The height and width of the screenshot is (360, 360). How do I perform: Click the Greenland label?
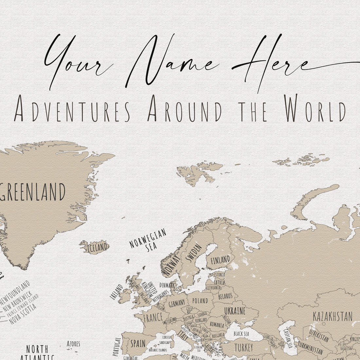(33, 192)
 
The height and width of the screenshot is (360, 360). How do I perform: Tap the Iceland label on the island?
(97, 247)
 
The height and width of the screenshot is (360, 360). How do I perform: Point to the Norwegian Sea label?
(148, 240)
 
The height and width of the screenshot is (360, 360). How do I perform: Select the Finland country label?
(220, 260)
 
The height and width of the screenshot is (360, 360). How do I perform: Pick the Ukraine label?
(235, 311)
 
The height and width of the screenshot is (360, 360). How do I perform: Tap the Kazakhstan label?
(333, 316)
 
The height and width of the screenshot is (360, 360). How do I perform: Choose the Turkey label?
(244, 348)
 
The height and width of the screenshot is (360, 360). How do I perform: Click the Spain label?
(138, 343)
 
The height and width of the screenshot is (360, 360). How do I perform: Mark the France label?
(153, 317)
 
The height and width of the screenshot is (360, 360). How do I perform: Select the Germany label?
(177, 303)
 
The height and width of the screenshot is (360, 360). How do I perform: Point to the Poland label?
(200, 300)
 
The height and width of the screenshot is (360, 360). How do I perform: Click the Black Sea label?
(241, 334)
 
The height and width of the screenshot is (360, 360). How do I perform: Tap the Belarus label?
(225, 296)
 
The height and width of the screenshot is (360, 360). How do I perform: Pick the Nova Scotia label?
(23, 314)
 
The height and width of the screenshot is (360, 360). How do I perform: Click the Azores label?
(73, 344)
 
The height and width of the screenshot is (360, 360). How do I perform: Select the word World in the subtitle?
(315, 108)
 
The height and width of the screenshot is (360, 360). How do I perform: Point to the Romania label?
(217, 325)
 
